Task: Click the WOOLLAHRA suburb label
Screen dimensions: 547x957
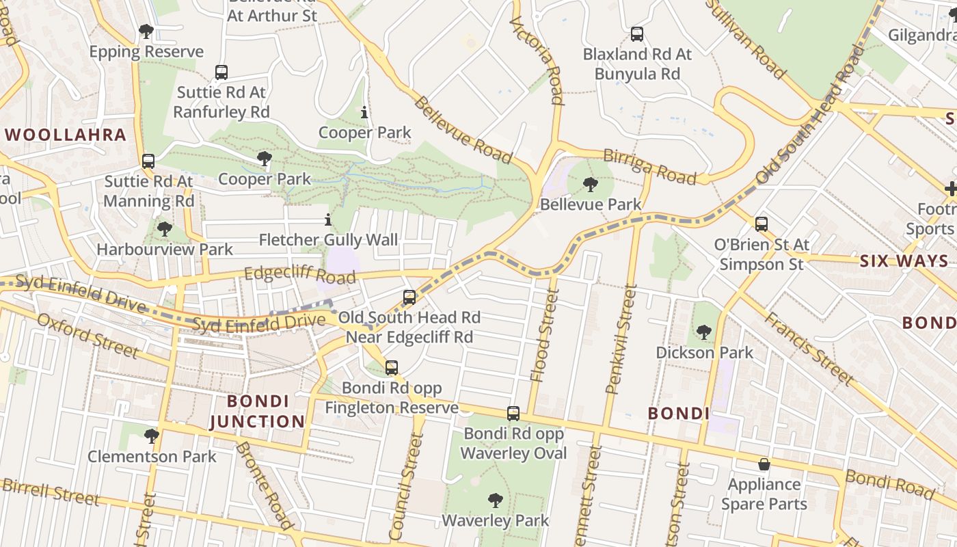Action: [66, 135]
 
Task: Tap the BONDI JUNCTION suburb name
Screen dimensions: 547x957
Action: [257, 412]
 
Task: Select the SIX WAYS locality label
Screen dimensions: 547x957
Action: [904, 261]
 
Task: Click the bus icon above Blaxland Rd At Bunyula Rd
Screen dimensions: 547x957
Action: [637, 34]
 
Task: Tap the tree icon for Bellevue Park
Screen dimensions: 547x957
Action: [590, 184]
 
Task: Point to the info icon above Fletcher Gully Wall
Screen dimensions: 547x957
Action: [328, 220]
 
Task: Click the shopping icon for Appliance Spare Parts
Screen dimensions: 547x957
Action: [764, 464]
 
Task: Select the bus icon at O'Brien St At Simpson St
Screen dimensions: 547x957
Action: [761, 224]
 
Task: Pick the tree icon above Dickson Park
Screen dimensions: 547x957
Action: [703, 332]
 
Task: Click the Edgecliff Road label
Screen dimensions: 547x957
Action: [300, 274]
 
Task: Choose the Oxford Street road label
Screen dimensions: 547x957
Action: [88, 336]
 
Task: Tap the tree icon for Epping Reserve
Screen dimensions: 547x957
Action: [146, 31]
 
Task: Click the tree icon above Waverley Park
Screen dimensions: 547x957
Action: [495, 501]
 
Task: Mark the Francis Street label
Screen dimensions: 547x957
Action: [808, 349]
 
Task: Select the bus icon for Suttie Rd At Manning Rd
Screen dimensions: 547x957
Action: [148, 161]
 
